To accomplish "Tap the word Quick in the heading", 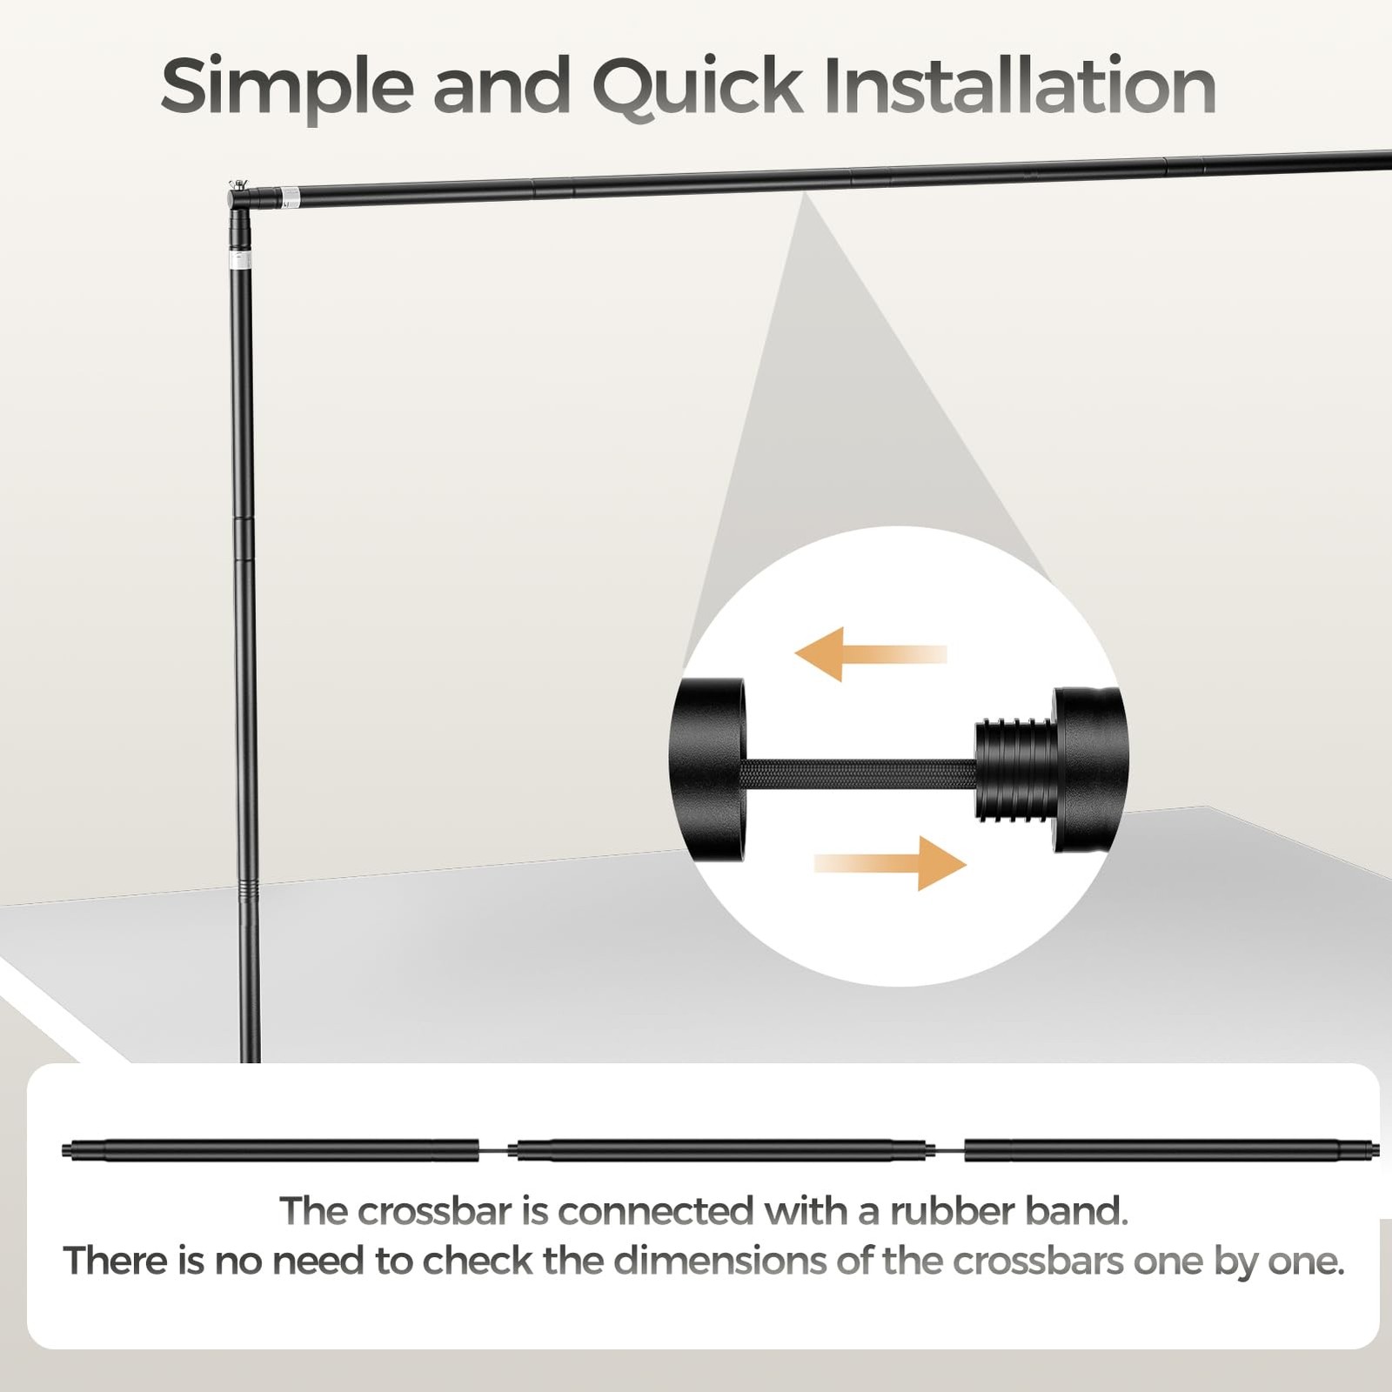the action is point(698,87).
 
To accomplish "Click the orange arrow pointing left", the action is point(871,654).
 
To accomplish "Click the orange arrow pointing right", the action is point(890,863).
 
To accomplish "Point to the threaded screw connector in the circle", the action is point(1015,770).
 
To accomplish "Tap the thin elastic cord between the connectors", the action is point(859,772).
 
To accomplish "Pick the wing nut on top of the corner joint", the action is point(238,184).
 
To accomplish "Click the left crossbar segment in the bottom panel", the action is point(271,1150).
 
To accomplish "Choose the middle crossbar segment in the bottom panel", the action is point(721,1150).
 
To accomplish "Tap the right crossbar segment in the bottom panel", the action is point(1171,1150).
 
